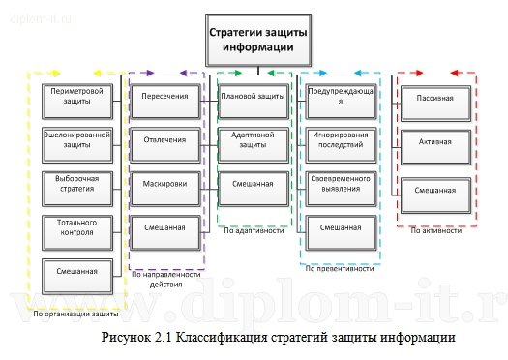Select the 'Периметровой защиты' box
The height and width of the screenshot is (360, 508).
[x=75, y=96]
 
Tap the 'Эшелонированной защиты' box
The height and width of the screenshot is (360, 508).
[x=75, y=139]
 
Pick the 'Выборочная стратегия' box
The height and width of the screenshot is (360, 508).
[x=75, y=183]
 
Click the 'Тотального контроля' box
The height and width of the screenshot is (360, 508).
[x=75, y=226]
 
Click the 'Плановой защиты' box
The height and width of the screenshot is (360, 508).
[x=253, y=97]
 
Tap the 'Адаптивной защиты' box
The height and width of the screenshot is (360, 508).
[x=253, y=140]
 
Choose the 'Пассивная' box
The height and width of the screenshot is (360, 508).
[x=434, y=99]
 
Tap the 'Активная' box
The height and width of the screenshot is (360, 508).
[x=434, y=143]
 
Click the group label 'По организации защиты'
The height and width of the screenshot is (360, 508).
[x=75, y=314]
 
